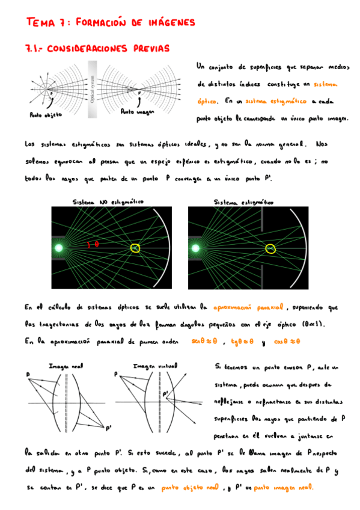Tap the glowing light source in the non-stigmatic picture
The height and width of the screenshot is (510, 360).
[x=59, y=248]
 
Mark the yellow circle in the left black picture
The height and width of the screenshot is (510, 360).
[x=136, y=248]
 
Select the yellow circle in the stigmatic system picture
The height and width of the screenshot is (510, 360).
[x=271, y=248]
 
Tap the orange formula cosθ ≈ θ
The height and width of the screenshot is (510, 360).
[x=287, y=341]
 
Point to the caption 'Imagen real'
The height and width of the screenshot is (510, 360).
[x=65, y=366]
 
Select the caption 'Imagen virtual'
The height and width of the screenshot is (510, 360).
[x=151, y=366]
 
